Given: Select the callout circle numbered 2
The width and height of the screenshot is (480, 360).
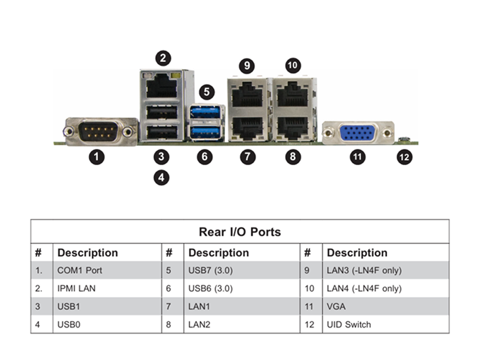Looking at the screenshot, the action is (163, 58).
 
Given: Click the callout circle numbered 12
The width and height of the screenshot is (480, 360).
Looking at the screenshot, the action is (404, 157).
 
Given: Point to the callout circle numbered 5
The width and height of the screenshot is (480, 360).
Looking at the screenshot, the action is (206, 92).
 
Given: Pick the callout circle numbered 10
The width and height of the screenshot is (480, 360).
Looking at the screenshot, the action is (293, 65).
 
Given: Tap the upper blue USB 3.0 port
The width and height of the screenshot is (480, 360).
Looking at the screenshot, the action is (205, 112).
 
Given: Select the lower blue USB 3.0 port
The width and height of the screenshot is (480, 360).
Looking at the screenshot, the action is (205, 132).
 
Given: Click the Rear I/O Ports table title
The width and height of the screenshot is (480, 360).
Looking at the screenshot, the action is (239, 232).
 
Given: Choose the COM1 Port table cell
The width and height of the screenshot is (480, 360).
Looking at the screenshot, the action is (80, 271).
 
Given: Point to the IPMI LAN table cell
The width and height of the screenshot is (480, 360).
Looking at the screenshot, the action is (76, 289).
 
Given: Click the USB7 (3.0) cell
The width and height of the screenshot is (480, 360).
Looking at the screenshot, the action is (211, 271).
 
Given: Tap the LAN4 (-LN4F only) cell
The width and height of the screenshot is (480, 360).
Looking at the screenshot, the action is (364, 289).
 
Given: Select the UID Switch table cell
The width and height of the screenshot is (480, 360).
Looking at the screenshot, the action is (349, 325).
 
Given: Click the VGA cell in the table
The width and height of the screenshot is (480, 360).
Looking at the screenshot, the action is (336, 307).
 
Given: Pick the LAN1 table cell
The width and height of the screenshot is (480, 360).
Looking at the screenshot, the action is (199, 307).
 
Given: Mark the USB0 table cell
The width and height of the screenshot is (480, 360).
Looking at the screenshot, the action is (68, 325).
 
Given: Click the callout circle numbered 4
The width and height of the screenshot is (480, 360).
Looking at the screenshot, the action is (161, 178).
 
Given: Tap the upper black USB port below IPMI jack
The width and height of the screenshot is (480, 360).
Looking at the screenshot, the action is (161, 112).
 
